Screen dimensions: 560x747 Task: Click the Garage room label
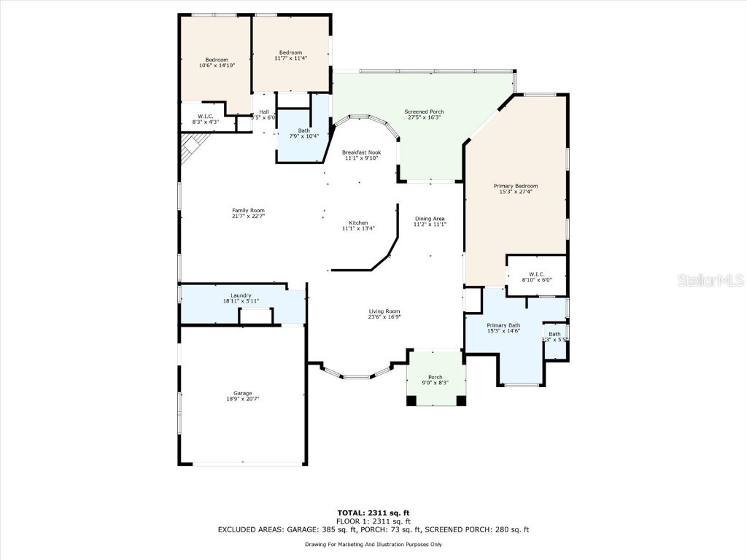click(239, 394)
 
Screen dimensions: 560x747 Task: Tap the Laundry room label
click(241, 295)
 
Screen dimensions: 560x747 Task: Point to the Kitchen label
click(358, 223)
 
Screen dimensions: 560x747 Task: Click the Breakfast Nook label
click(362, 152)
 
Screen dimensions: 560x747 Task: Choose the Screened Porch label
click(425, 112)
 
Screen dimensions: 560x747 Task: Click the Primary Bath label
click(503, 325)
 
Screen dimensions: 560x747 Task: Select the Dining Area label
click(430, 219)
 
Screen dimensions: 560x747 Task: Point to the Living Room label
click(384, 311)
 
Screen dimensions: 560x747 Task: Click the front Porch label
click(435, 377)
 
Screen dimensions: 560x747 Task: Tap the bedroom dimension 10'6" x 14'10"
click(217, 66)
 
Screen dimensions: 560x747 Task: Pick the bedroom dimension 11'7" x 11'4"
click(290, 58)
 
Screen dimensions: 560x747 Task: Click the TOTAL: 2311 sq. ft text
click(373, 513)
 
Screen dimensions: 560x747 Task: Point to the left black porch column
click(411, 400)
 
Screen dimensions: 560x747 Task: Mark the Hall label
click(264, 112)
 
